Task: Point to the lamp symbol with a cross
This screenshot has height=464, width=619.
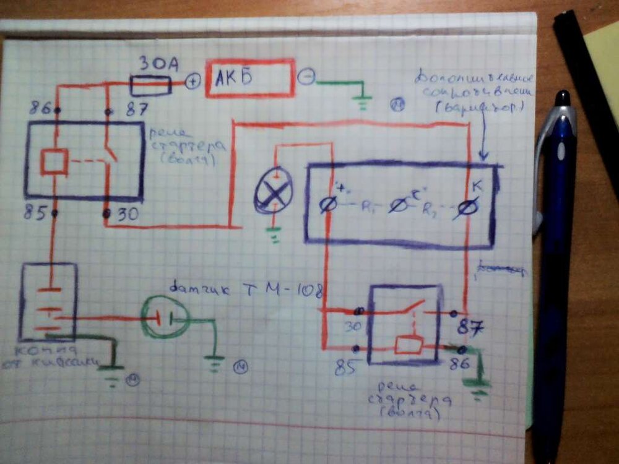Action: pos(273,193)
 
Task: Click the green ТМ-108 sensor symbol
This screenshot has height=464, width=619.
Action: pos(165,318)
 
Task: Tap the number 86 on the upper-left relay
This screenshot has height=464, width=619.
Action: pos(40,108)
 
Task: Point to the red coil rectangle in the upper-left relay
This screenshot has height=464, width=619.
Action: pos(54,161)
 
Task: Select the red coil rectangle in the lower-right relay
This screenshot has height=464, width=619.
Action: pos(409,345)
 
